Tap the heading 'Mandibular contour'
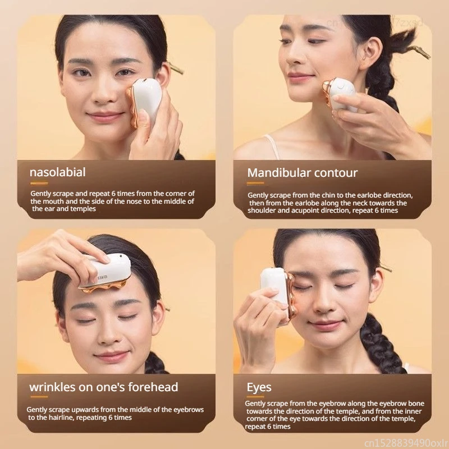tap(302, 172)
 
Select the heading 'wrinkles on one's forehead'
tap(104, 387)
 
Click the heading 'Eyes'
tap(259, 387)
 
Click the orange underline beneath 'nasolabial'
tap(39, 183)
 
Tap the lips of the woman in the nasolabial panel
tap(105, 116)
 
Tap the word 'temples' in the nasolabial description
tap(83, 208)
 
